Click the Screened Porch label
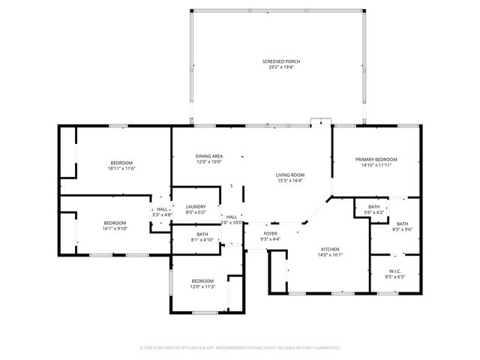point(277,61)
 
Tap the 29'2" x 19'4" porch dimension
point(277,67)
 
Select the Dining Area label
point(209,155)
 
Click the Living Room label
point(290,174)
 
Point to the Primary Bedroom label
point(376,160)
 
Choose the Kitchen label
point(331,248)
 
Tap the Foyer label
point(269,233)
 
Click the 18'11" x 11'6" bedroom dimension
point(121,169)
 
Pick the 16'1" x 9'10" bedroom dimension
point(115,228)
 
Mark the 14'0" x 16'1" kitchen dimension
point(331,254)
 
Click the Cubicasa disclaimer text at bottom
point(240,348)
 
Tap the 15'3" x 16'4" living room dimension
point(290,180)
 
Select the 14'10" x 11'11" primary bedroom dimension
point(376,166)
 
